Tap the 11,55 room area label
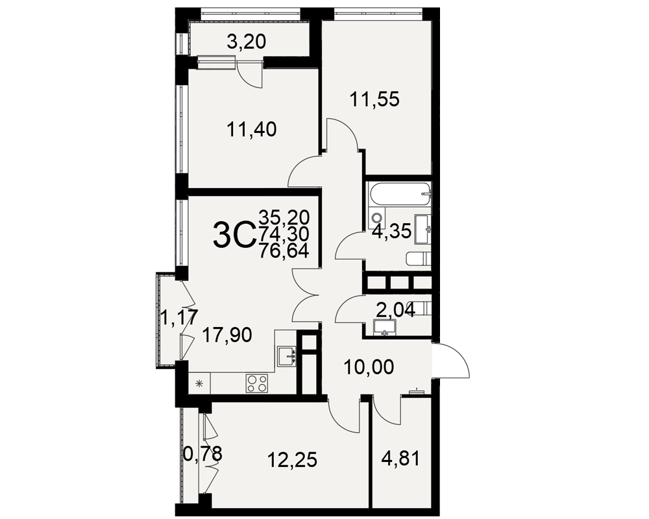point(374,99)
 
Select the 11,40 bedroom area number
point(251,130)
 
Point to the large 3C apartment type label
point(234,235)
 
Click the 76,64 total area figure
point(284,251)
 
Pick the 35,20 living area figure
point(284,217)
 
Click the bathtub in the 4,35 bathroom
point(399,195)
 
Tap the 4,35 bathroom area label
point(391,232)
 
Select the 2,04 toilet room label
point(395,309)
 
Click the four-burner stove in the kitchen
point(257,383)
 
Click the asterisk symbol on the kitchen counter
point(199,383)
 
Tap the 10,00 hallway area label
point(369,367)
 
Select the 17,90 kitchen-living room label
point(227,335)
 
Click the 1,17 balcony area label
point(179,317)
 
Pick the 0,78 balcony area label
point(202,453)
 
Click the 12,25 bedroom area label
point(292,460)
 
